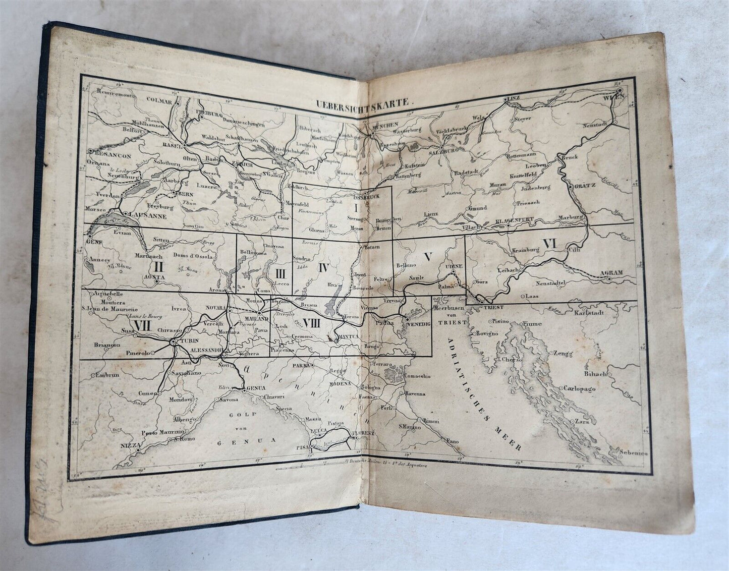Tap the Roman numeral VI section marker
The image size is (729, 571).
(x=549, y=243)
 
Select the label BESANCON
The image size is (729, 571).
(x=111, y=156)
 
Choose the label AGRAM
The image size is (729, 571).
(x=611, y=272)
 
